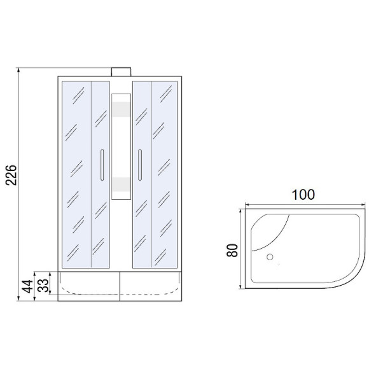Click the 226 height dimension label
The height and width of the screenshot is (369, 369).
pyautogui.click(x=11, y=175)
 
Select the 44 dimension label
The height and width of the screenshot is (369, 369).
pyautogui.click(x=27, y=286)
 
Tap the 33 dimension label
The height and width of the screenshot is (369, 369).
pyautogui.click(x=43, y=285)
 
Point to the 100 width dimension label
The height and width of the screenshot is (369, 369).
pyautogui.click(x=303, y=195)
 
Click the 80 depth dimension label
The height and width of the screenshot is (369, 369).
pyautogui.click(x=232, y=250)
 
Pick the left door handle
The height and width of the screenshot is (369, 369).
pyautogui.click(x=102, y=165)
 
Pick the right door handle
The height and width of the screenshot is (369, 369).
pyautogui.click(x=140, y=165)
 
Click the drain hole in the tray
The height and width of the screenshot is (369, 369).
pyautogui.click(x=270, y=257)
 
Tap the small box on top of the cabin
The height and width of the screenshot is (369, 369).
pyautogui.click(x=121, y=72)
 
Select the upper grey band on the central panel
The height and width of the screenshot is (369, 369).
pyautogui.click(x=121, y=109)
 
